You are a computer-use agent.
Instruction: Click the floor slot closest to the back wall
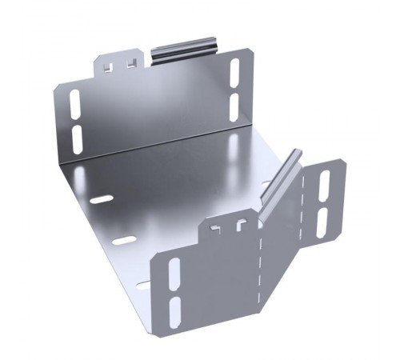coord(101,198)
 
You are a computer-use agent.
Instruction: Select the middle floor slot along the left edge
coord(124,239)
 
